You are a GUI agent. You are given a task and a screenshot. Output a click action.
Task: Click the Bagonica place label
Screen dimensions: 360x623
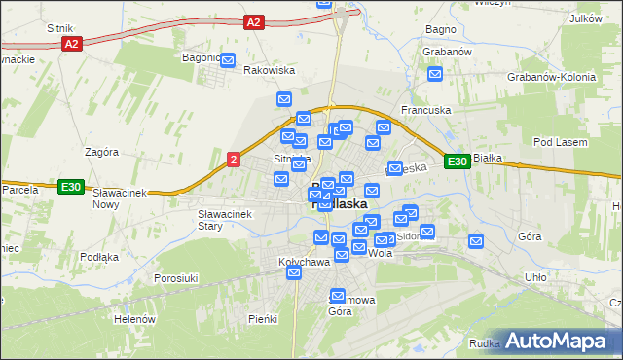coord(202,57)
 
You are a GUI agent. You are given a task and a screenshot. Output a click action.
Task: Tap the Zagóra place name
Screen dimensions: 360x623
coord(101,152)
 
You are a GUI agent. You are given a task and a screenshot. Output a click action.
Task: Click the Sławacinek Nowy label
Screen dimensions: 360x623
coord(119,198)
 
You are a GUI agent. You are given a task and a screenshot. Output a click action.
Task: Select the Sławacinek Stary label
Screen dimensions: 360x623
coord(224,219)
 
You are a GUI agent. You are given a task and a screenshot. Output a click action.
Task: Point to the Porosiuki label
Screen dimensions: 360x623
coord(176,278)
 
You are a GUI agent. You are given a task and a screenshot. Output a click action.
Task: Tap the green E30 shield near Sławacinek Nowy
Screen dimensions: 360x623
coord(69,187)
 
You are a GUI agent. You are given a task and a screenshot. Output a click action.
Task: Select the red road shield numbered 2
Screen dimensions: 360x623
coord(233,160)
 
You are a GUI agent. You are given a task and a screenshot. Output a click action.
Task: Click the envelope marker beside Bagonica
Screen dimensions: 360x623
coord(228,61)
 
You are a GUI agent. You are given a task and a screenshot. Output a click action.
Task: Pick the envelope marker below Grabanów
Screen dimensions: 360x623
coord(435,73)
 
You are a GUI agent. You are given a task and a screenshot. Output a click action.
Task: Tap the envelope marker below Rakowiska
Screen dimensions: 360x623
coord(284,98)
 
